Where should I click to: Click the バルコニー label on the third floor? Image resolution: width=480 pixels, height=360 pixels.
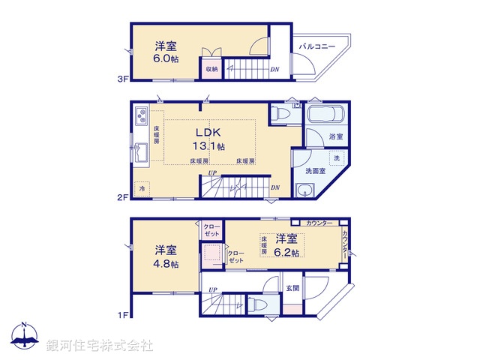[316, 46]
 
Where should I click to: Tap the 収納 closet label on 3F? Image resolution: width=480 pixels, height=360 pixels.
[211, 69]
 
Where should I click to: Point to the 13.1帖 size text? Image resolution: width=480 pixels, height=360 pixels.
[211, 146]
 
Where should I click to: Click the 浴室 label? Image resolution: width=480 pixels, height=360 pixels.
[334, 137]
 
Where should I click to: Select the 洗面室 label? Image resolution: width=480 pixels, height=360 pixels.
[315, 171]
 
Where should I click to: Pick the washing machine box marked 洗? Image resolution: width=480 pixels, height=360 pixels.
[336, 158]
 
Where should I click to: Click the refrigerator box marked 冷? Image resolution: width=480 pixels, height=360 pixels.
[142, 188]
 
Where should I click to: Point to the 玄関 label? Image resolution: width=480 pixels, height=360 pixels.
[292, 288]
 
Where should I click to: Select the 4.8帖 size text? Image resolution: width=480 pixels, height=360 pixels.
[166, 264]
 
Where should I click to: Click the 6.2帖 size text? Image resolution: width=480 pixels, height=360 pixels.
[287, 253]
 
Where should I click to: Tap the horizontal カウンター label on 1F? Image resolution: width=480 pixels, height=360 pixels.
[319, 223]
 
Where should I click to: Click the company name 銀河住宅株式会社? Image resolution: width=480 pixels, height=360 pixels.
[100, 345]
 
